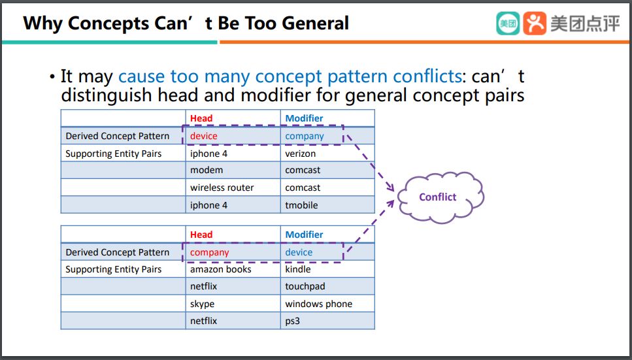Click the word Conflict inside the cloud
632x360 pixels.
(438, 197)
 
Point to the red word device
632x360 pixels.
(203, 137)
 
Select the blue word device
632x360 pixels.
(299, 252)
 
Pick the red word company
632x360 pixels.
(210, 253)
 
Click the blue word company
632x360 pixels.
(305, 137)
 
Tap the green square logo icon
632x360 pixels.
(508, 23)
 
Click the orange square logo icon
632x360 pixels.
(535, 23)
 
